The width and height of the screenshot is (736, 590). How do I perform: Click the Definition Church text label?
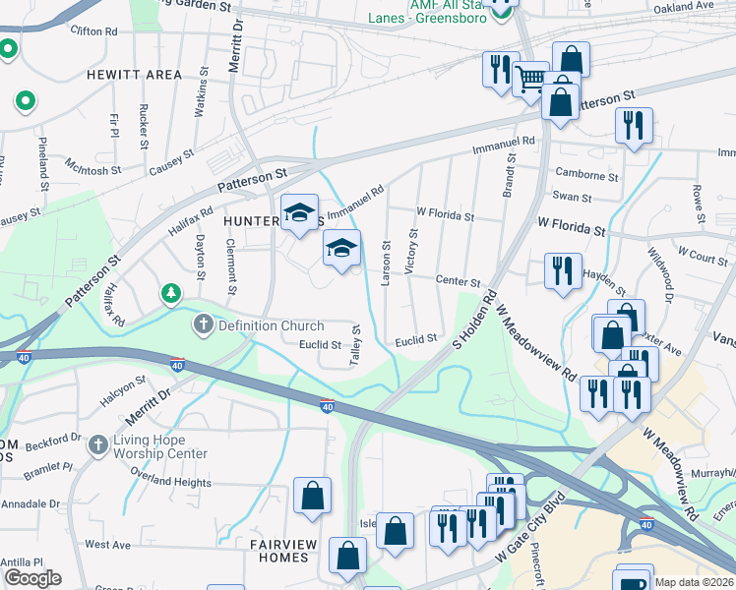[x=271, y=325]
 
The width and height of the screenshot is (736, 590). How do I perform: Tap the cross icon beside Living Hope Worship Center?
[x=97, y=445]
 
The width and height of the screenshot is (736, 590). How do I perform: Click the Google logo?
[x=32, y=578]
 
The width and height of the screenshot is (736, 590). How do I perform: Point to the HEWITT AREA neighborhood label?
[x=134, y=75]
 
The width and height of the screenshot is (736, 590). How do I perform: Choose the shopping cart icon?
[x=530, y=77]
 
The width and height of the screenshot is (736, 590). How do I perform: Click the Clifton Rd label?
[x=93, y=31]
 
